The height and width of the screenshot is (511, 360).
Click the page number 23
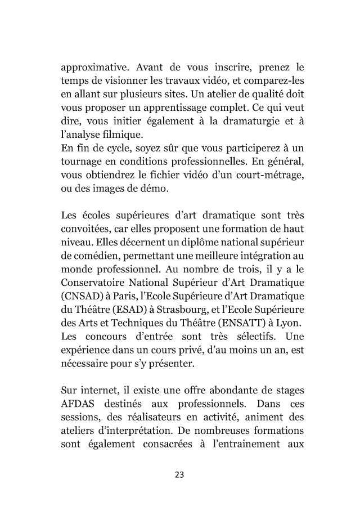[180, 473]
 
